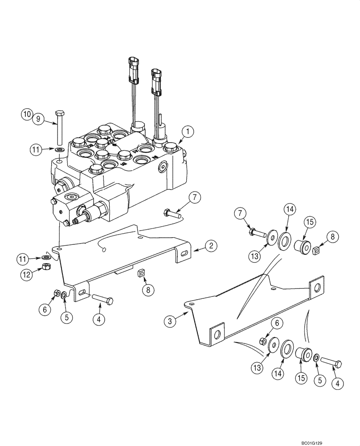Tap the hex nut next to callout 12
tap(45, 267)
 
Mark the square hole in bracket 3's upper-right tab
tap(316, 288)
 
